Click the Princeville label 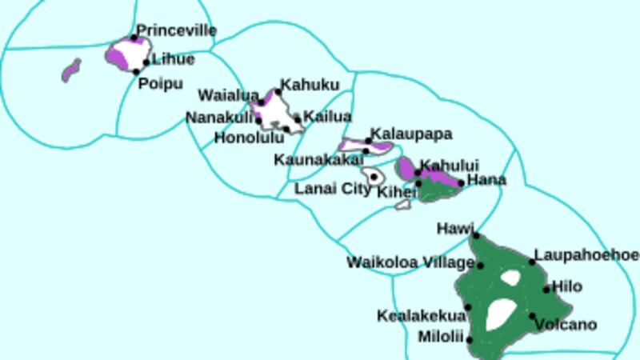click(x=176, y=30)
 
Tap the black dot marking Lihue click(x=146, y=62)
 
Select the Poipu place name click(x=161, y=83)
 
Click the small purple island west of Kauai click(x=71, y=70)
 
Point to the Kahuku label click(x=310, y=85)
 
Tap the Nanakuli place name click(x=219, y=118)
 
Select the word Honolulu click(x=249, y=137)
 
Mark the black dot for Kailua click(x=298, y=120)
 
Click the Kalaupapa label click(x=411, y=134)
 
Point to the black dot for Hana click(x=462, y=183)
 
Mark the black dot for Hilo click(x=547, y=290)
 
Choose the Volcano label click(x=566, y=324)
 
